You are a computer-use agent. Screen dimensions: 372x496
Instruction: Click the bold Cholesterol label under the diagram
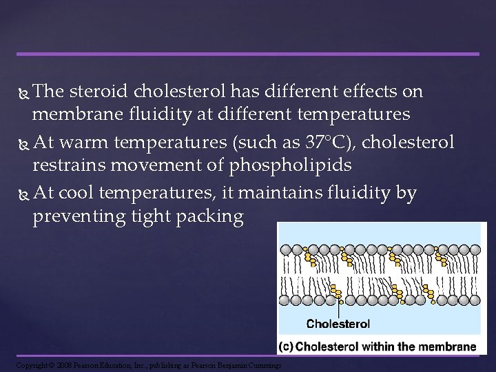[x=338, y=324]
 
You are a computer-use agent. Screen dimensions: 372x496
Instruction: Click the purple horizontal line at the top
[x=247, y=54]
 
